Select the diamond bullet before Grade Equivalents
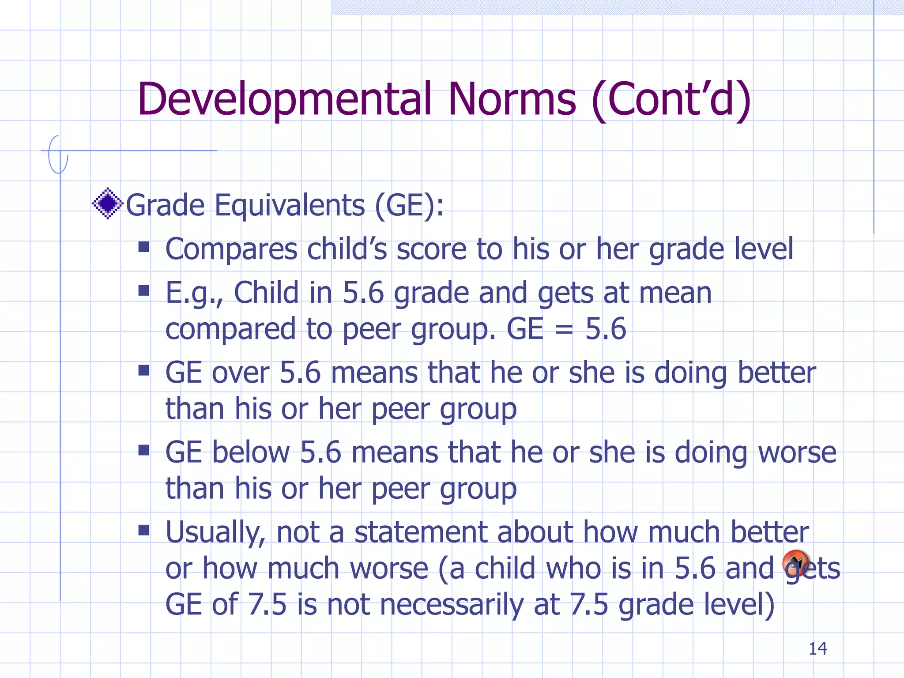click(107, 203)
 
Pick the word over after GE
click(241, 373)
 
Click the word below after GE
click(251, 453)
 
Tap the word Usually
click(215, 533)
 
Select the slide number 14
click(817, 649)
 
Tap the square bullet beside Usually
click(144, 530)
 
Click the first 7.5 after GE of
click(267, 604)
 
